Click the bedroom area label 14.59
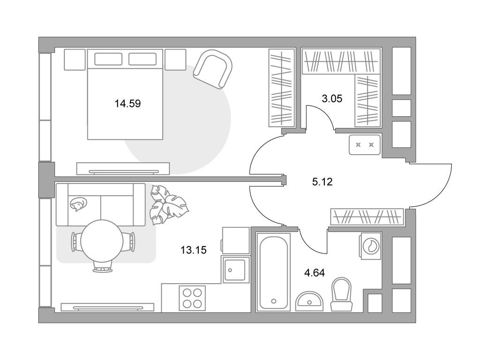(x=127, y=103)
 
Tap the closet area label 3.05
(x=331, y=98)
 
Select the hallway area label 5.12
(x=322, y=182)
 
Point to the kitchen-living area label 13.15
(x=194, y=250)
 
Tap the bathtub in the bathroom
(x=274, y=272)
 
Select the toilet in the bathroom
(x=341, y=294)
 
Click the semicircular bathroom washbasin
(x=309, y=300)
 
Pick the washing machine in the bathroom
(x=371, y=245)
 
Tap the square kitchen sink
(x=233, y=270)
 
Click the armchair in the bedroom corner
(x=214, y=69)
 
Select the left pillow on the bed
(x=108, y=59)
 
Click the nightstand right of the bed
(x=175, y=60)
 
